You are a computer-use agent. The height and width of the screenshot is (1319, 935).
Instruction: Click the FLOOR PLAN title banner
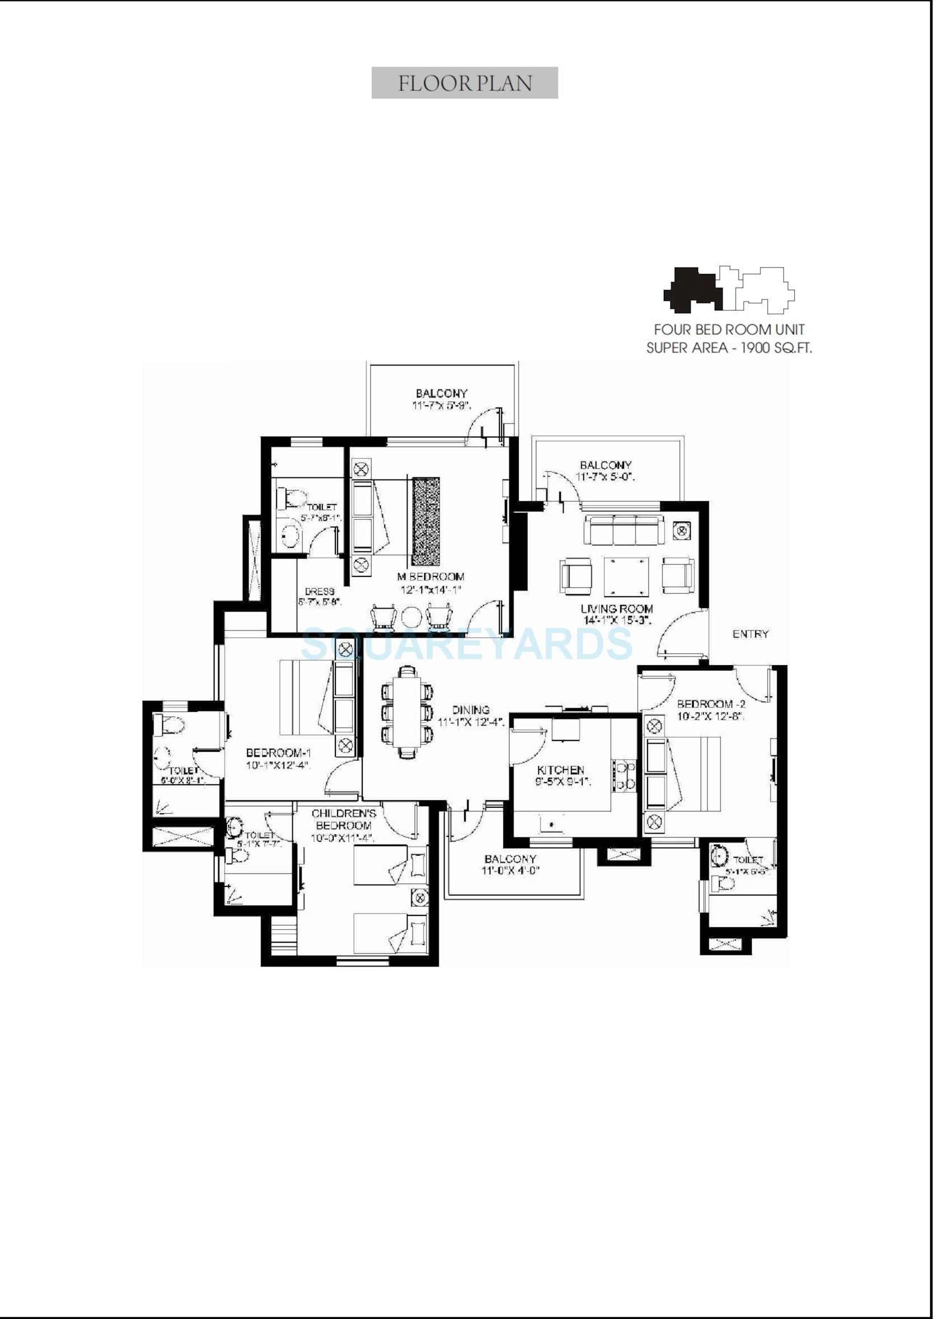pyautogui.click(x=464, y=83)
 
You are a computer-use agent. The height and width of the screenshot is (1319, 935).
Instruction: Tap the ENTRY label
pyautogui.click(x=750, y=634)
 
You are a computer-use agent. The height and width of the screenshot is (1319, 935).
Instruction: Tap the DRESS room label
pyautogui.click(x=320, y=591)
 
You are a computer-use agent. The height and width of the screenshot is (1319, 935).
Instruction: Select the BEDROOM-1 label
pyautogui.click(x=279, y=752)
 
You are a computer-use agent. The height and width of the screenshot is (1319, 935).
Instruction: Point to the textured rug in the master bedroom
pyautogui.click(x=426, y=521)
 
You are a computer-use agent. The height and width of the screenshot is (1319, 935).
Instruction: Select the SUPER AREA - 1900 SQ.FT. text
pyautogui.click(x=729, y=348)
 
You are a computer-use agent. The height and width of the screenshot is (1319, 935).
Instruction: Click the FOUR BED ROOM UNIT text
pyautogui.click(x=729, y=329)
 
